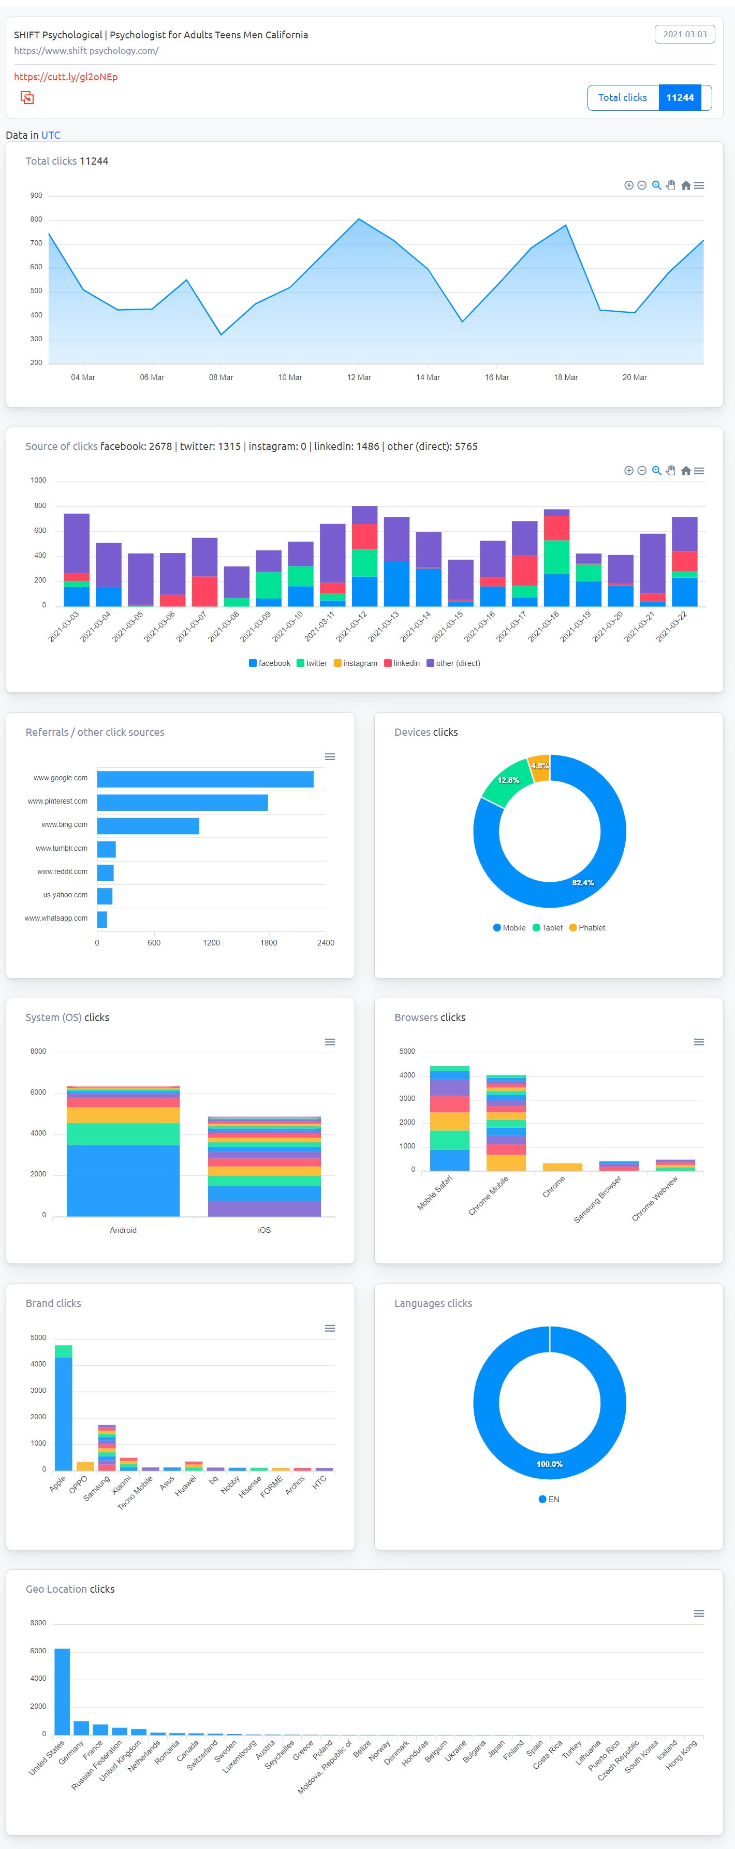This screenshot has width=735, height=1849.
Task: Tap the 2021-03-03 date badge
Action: click(684, 35)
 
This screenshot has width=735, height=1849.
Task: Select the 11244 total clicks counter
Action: click(680, 98)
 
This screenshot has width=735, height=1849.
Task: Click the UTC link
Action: click(50, 135)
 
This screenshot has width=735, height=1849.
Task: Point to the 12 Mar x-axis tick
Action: click(359, 377)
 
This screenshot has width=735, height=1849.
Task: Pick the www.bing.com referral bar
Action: click(148, 825)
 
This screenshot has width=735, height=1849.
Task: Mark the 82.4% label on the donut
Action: click(583, 882)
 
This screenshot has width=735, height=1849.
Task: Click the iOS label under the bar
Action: click(264, 1230)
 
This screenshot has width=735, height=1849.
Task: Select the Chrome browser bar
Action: click(562, 1167)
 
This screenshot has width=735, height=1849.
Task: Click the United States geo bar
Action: click(63, 1692)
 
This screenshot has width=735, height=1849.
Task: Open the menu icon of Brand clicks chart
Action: click(330, 1328)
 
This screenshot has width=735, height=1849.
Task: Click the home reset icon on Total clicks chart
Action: click(685, 185)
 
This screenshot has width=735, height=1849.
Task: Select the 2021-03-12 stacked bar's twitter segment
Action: click(364, 563)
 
